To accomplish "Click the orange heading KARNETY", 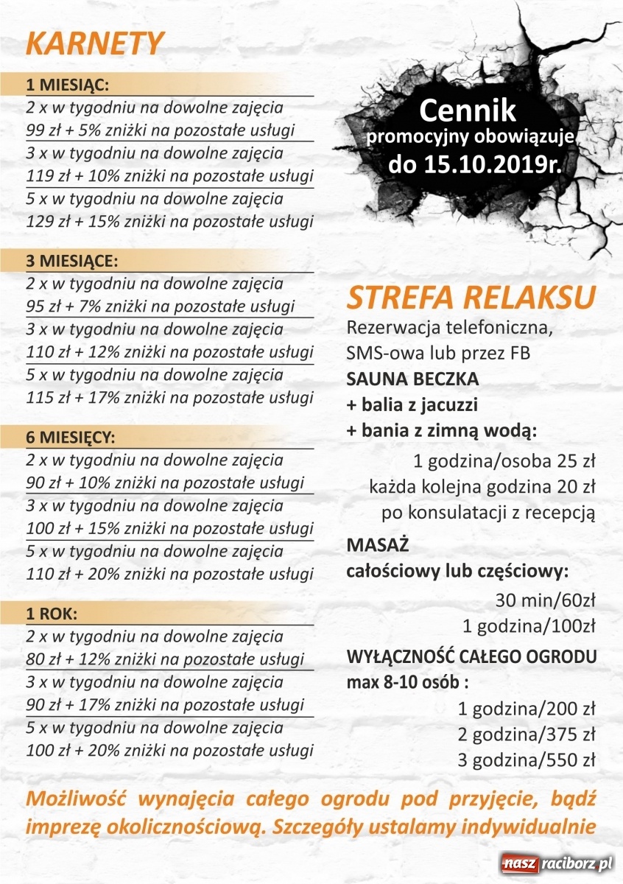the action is (x=94, y=43).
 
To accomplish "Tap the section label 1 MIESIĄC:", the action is (x=68, y=83).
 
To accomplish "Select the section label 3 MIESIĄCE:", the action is (x=72, y=260).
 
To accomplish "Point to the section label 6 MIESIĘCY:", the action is (x=71, y=437).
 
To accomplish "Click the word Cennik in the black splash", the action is (x=468, y=112).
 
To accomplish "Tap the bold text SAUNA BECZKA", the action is (x=412, y=379).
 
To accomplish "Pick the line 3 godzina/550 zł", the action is (x=526, y=760).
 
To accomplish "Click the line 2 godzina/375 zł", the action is (x=526, y=734).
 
